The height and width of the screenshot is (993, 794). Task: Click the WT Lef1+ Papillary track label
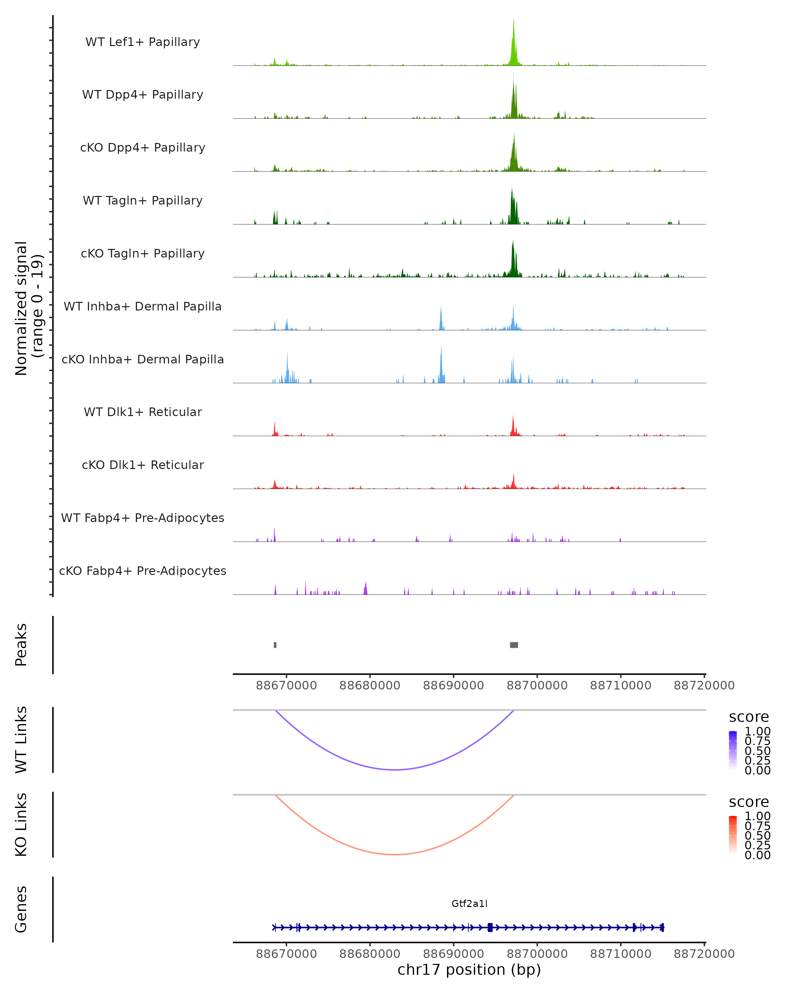click(x=143, y=42)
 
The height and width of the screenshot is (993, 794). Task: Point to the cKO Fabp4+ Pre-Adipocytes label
click(x=143, y=571)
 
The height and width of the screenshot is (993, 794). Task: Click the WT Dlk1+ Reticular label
click(x=143, y=412)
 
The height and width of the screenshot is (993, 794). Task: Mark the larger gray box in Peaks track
click(x=514, y=645)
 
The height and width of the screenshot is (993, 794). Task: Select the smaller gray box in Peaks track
click(x=275, y=645)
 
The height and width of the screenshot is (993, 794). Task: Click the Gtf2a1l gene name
click(x=469, y=903)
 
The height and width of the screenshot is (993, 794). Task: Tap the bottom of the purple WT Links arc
click(x=395, y=769)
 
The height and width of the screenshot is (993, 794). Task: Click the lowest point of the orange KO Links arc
click(x=395, y=854)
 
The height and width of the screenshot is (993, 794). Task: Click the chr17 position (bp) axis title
click(x=469, y=969)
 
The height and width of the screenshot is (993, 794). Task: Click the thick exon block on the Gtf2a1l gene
click(x=490, y=927)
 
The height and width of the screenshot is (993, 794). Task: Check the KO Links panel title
click(x=21, y=825)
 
